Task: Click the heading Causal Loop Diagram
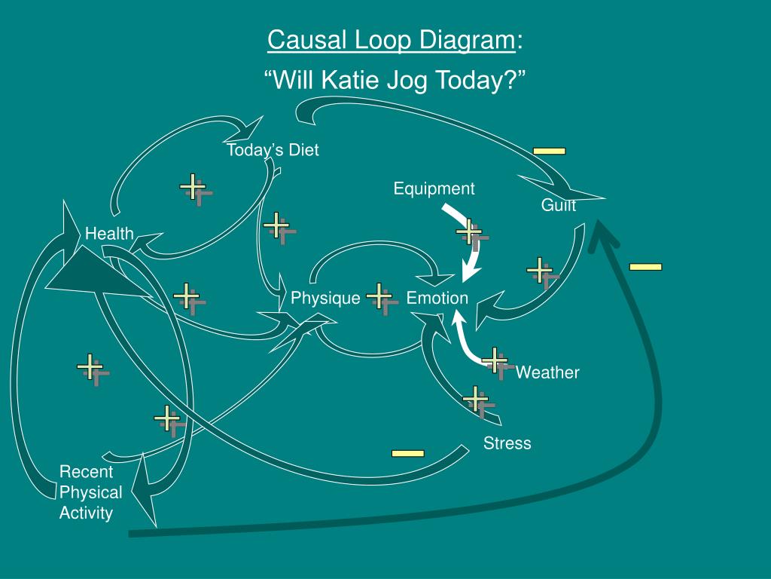(x=392, y=40)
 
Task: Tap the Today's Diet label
(x=273, y=150)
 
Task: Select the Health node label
(x=109, y=234)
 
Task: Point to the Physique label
(x=325, y=299)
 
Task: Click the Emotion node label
(x=437, y=299)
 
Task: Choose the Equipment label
(x=434, y=188)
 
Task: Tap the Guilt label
(x=559, y=205)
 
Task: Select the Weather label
(x=547, y=372)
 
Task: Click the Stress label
(x=507, y=443)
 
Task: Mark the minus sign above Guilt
(x=549, y=151)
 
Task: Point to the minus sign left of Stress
(x=407, y=453)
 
